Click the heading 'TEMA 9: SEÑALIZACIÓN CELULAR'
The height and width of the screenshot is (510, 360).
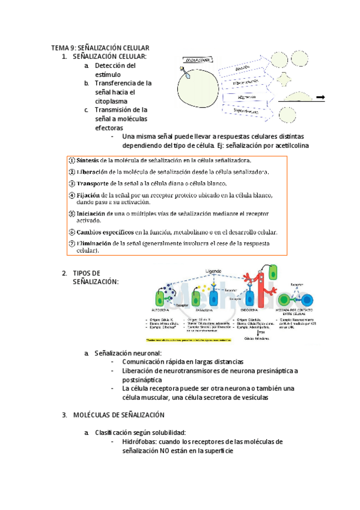[100, 48]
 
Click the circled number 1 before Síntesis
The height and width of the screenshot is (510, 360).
[72, 161]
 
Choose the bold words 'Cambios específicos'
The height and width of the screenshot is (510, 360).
[105, 232]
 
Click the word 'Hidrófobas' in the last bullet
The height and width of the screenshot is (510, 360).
[138, 442]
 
